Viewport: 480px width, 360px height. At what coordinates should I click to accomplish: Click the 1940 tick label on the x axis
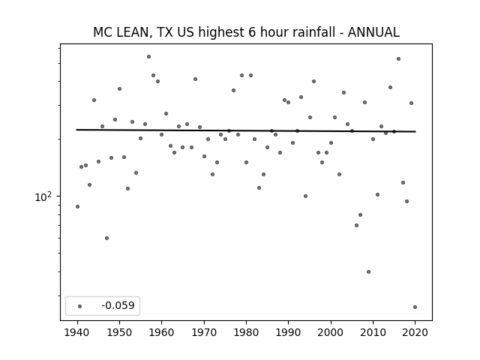[77, 332]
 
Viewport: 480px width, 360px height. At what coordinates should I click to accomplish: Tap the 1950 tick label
[119, 332]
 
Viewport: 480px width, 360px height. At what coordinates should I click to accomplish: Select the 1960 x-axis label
[162, 332]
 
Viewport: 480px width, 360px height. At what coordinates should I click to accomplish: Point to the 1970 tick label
[204, 332]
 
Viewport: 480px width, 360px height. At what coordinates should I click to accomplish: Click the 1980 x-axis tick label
[246, 332]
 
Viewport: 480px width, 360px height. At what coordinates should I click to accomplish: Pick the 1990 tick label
[288, 332]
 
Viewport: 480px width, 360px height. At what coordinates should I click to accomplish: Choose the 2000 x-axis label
[331, 332]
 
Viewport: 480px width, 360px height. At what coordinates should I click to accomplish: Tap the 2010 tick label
[373, 332]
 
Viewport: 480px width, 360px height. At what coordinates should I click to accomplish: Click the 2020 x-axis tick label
[415, 332]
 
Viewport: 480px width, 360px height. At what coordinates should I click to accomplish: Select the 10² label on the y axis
[43, 196]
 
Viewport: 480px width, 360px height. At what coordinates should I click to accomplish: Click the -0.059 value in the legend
[118, 305]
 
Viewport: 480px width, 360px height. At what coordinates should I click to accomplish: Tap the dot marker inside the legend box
[80, 306]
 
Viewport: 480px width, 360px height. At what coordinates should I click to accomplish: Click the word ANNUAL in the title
[373, 32]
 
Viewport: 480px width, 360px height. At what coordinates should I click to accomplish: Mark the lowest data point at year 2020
[415, 307]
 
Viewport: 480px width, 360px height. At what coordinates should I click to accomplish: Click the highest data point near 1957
[148, 57]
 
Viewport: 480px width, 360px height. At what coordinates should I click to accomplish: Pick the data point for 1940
[77, 207]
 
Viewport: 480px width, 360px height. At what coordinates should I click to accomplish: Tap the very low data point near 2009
[368, 271]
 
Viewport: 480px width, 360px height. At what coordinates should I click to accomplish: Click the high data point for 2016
[398, 58]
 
